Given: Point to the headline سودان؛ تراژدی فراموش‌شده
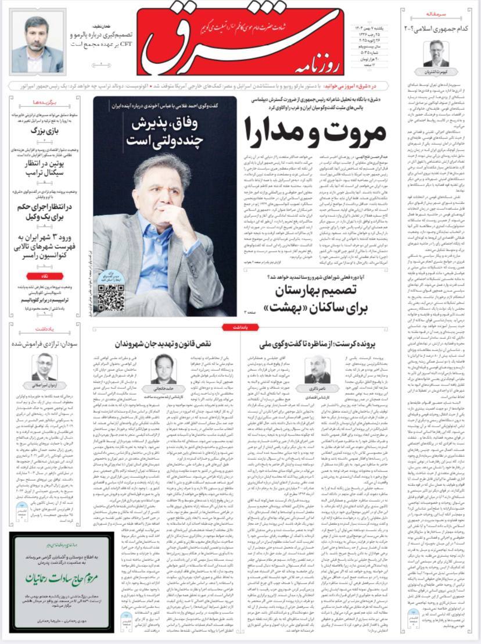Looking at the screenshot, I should click(x=48, y=344).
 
